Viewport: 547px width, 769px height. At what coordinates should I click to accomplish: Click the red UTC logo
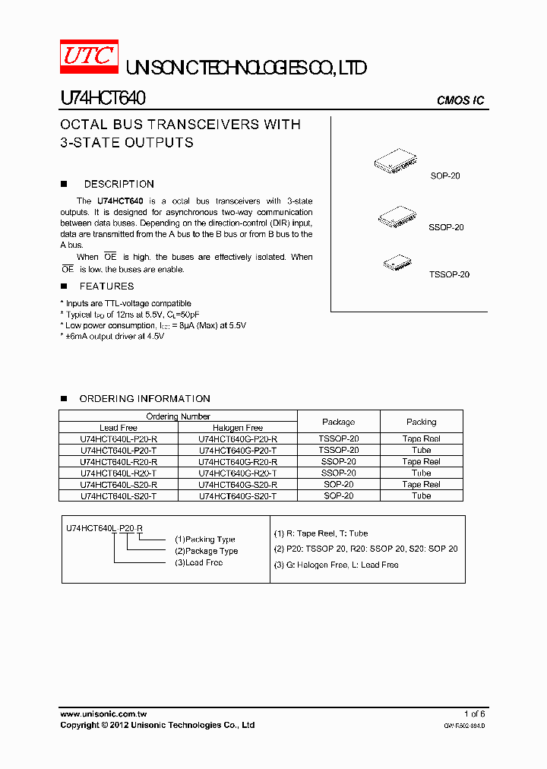pyautogui.click(x=89, y=58)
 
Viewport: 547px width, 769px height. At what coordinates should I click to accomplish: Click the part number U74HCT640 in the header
pyautogui.click(x=103, y=99)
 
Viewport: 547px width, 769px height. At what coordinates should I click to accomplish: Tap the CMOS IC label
pyautogui.click(x=460, y=101)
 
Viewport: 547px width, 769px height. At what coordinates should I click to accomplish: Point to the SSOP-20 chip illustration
pyautogui.click(x=397, y=217)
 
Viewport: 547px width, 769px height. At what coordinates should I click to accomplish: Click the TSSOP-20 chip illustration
pyautogui.click(x=397, y=262)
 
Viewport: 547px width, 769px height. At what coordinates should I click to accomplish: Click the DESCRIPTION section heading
pyautogui.click(x=119, y=184)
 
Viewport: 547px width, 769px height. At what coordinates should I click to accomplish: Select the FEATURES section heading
pyautogui.click(x=106, y=286)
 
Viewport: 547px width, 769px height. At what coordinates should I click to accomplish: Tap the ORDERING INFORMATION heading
pyautogui.click(x=144, y=399)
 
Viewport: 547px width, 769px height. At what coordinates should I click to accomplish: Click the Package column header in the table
pyautogui.click(x=338, y=422)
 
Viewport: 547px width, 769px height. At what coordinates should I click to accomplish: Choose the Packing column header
pyautogui.click(x=421, y=422)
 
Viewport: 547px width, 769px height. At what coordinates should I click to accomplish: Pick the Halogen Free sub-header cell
pyautogui.click(x=237, y=428)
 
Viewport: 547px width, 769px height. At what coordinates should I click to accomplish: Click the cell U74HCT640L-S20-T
pyautogui.click(x=119, y=495)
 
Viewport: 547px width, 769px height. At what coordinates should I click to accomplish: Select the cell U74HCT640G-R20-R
pyautogui.click(x=237, y=461)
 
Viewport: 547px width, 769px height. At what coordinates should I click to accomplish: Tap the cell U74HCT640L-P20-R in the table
pyautogui.click(x=119, y=439)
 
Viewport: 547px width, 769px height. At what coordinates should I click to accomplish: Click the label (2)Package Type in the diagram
pyautogui.click(x=206, y=551)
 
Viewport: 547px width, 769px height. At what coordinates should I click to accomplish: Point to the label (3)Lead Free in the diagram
pyautogui.click(x=198, y=562)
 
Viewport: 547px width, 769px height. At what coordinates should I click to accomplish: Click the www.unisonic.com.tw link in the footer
pyautogui.click(x=103, y=714)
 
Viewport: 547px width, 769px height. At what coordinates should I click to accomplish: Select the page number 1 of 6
pyautogui.click(x=474, y=714)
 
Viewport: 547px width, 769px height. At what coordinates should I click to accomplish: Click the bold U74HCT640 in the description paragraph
pyautogui.click(x=120, y=201)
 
